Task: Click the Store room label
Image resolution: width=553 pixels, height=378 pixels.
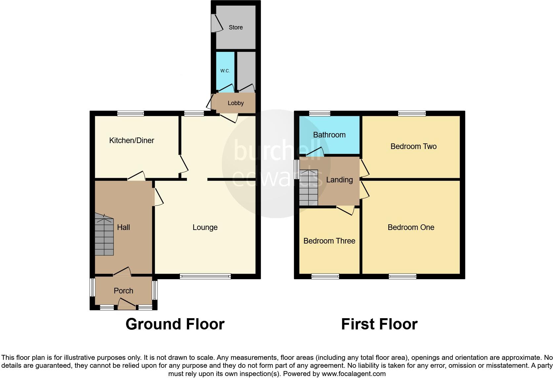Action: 235,27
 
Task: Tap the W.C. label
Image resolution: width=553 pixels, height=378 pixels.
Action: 225,71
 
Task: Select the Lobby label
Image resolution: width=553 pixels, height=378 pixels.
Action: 235,103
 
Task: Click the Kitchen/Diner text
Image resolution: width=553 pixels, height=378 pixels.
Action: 132,140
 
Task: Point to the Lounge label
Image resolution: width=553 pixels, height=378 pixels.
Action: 205,227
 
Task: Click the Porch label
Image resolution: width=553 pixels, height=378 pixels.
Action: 123,291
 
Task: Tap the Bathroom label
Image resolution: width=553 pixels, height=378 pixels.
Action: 329,135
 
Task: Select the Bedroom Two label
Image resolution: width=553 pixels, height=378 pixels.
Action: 413,146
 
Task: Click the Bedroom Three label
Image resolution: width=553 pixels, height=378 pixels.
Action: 329,241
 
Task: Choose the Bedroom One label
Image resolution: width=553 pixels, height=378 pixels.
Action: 411,227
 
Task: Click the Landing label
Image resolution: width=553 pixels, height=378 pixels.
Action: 339,180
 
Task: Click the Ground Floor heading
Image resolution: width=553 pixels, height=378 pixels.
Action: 175,324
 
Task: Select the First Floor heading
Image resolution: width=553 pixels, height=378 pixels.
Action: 379,324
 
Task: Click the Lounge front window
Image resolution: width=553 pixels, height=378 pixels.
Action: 205,277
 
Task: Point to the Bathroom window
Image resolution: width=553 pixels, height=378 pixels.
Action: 320,113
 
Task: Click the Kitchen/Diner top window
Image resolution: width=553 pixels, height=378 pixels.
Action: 131,113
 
